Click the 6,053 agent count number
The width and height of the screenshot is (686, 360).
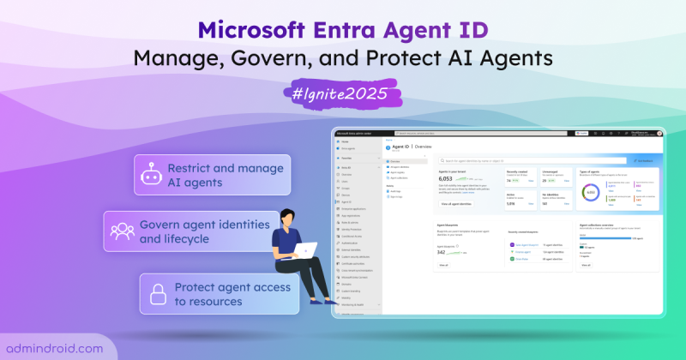pos(453,180)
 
